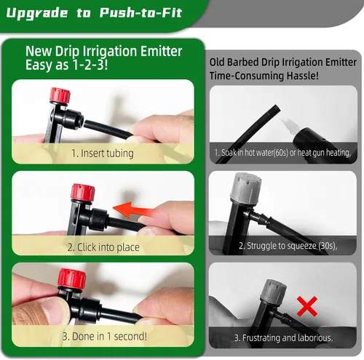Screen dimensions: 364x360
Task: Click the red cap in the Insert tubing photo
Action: pyautogui.click(x=60, y=95)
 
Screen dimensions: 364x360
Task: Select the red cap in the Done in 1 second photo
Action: pyautogui.click(x=72, y=278)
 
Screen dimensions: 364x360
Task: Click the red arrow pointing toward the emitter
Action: pyautogui.click(x=133, y=209)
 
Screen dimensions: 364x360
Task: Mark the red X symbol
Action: pyautogui.click(x=307, y=306)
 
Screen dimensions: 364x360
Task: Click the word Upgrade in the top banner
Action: pyautogui.click(x=37, y=13)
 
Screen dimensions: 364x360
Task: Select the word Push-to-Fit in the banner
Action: pyautogui.click(x=141, y=12)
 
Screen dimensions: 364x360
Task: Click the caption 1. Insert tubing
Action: pyautogui.click(x=103, y=153)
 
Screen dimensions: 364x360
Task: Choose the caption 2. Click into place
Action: pyautogui.click(x=103, y=247)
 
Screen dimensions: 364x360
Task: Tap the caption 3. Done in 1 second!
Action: pyautogui.click(x=105, y=337)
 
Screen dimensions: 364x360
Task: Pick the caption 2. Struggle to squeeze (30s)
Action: pyautogui.click(x=288, y=246)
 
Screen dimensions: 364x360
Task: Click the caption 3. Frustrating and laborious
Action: pyautogui.click(x=283, y=337)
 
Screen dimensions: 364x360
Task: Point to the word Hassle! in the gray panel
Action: pyautogui.click(x=302, y=76)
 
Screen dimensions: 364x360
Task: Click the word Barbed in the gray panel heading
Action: pyautogui.click(x=242, y=62)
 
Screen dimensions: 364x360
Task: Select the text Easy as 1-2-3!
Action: pyautogui.click(x=67, y=65)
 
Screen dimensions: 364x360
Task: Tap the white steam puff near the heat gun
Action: pyautogui.click(x=289, y=126)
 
